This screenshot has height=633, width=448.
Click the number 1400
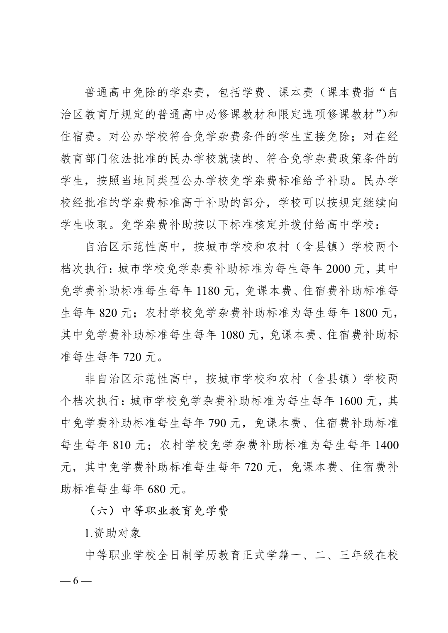click(386, 445)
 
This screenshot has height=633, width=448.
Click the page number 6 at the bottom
click(75, 580)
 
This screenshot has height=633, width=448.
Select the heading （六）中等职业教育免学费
click(159, 511)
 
